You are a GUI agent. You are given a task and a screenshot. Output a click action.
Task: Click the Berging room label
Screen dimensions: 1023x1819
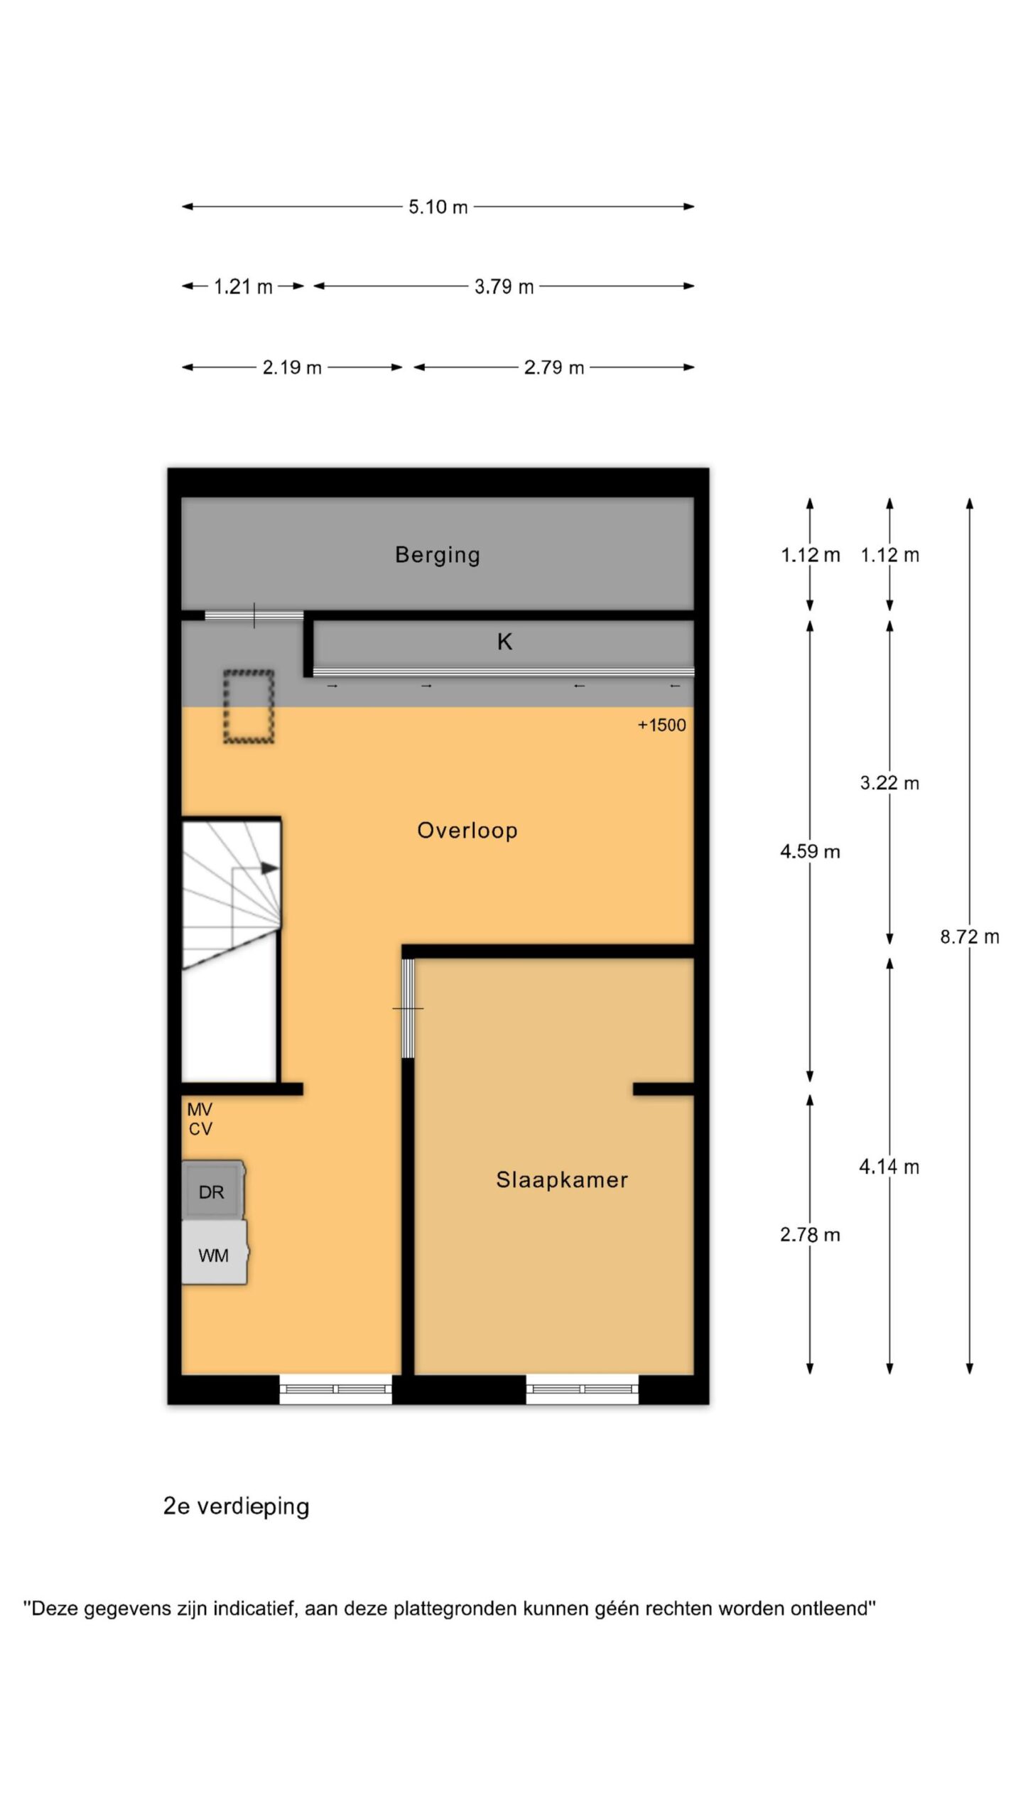coord(438,555)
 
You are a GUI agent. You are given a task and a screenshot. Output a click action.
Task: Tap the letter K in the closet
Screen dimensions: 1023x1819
coord(504,642)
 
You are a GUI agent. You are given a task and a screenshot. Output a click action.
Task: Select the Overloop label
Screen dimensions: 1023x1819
coord(467,830)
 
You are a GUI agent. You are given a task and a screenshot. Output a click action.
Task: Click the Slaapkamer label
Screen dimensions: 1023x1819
coord(562,1180)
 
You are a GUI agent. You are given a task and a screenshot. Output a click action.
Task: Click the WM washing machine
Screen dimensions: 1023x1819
coord(215,1254)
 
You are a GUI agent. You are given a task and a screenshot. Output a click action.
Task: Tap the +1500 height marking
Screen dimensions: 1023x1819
coord(661,725)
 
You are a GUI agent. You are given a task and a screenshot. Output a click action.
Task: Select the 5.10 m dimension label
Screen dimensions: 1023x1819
coord(438,207)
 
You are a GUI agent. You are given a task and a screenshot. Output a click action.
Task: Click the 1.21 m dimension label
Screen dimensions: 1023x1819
coord(243,287)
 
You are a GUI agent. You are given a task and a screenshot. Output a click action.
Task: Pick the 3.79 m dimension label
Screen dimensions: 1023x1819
coord(504,287)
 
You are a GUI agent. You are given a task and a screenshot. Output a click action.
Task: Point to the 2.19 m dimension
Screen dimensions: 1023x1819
coord(292,367)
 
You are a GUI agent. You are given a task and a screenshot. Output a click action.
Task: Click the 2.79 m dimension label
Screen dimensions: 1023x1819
coord(554,367)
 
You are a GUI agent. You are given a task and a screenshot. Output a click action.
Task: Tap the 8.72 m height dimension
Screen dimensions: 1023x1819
coord(970,937)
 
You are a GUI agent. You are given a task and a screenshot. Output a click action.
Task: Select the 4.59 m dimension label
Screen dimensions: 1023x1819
coord(810,851)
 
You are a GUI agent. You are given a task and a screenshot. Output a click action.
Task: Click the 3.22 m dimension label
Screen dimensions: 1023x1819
coord(889,783)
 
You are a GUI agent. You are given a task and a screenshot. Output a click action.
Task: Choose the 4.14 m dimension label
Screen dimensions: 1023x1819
coord(889,1167)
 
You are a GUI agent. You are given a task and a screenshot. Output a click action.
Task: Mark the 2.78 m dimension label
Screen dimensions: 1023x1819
coord(810,1235)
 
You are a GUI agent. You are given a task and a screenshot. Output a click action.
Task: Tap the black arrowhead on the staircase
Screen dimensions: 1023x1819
coord(269,868)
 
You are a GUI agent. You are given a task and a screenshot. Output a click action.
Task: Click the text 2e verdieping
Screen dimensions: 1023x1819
coord(237,1506)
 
